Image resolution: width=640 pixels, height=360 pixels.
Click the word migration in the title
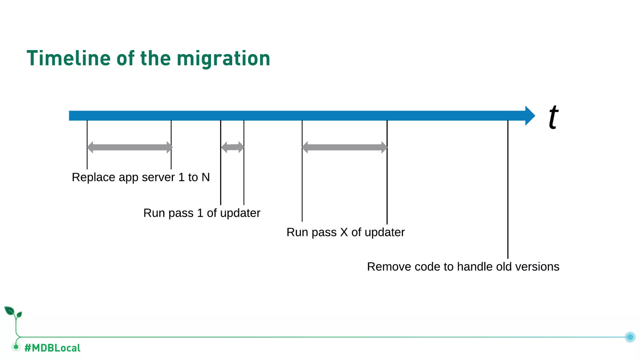click(223, 59)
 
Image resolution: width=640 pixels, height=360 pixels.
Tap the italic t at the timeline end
click(553, 117)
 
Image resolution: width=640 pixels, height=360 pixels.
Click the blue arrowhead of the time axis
click(529, 116)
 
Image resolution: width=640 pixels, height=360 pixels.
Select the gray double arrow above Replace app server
click(129, 147)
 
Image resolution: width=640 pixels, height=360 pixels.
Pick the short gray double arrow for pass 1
click(232, 147)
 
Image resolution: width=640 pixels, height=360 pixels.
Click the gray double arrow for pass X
click(344, 147)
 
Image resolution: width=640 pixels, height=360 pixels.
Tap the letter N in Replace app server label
click(205, 177)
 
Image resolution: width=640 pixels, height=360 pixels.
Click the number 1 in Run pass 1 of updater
click(200, 213)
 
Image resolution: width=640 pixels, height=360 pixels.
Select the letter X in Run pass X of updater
click(344, 232)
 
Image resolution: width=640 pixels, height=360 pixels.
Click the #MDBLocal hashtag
click(52, 348)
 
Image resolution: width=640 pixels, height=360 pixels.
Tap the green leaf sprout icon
click(12, 312)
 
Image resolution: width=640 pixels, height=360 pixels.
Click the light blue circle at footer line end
click(630, 337)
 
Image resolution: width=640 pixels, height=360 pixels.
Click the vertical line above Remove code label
click(508, 187)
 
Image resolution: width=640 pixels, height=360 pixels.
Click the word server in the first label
click(158, 177)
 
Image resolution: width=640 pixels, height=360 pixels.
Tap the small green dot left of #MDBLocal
click(16, 347)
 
